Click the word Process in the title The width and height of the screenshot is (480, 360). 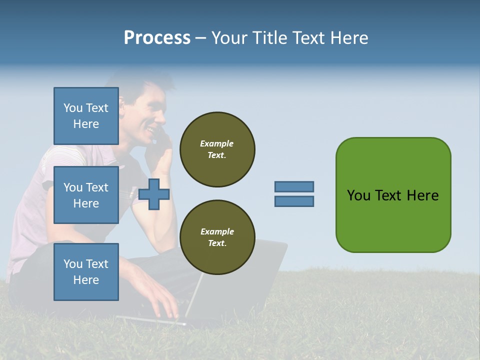point(157,38)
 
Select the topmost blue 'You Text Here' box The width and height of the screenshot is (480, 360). point(86,116)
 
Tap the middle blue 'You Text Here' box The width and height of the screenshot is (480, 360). point(86,195)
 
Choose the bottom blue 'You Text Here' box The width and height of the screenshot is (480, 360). point(86,271)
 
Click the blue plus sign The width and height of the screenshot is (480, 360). point(154,194)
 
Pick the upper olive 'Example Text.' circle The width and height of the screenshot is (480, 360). point(217,149)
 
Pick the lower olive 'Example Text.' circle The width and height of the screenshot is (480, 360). point(217,237)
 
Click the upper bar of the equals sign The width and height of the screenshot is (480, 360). point(294,186)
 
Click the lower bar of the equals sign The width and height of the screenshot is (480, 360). point(294,201)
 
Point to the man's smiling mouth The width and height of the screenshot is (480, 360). point(149,128)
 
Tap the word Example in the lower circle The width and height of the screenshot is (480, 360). point(217,231)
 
